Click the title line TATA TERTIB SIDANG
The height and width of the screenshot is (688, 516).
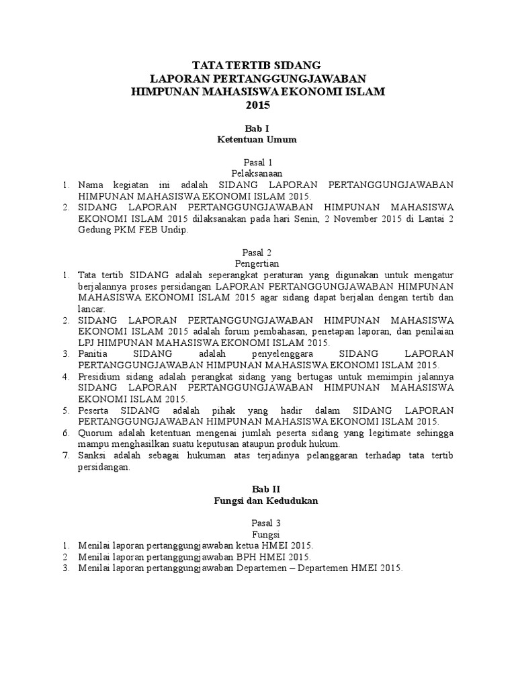click(x=257, y=66)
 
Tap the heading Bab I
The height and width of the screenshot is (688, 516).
click(x=257, y=128)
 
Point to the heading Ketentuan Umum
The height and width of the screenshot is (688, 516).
click(x=257, y=140)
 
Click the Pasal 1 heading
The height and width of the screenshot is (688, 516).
click(x=257, y=163)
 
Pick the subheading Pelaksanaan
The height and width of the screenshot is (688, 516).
click(x=257, y=173)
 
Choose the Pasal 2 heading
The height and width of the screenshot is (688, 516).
click(x=257, y=253)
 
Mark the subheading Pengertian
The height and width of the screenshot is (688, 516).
click(x=257, y=264)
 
